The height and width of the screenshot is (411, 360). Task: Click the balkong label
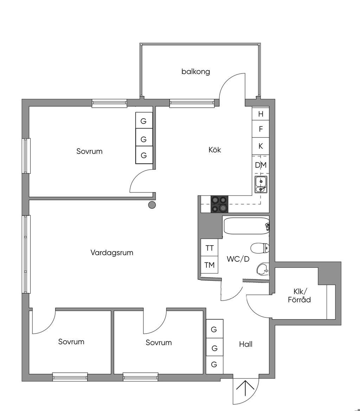(196, 71)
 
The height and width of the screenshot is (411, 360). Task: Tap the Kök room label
(215, 150)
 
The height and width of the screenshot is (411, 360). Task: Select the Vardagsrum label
(112, 252)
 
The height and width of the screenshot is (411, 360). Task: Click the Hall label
(246, 344)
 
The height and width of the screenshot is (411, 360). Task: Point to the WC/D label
(238, 259)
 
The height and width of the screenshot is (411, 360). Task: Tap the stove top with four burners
(219, 204)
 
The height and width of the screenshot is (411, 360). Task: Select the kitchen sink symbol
(261, 185)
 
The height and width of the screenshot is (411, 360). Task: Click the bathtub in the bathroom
(246, 226)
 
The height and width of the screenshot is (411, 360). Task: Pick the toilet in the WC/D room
(260, 248)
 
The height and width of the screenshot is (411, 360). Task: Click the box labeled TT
(210, 248)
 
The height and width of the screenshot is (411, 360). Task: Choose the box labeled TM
(210, 265)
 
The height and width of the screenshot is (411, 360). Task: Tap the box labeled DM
(261, 165)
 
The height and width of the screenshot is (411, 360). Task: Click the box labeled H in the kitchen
(261, 114)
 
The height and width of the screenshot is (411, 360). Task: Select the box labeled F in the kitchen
(261, 129)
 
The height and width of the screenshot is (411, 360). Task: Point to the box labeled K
(261, 146)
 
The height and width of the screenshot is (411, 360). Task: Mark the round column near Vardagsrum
(152, 205)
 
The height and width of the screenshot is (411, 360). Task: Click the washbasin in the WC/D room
(262, 270)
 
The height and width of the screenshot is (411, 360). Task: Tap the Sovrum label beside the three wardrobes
(89, 151)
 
